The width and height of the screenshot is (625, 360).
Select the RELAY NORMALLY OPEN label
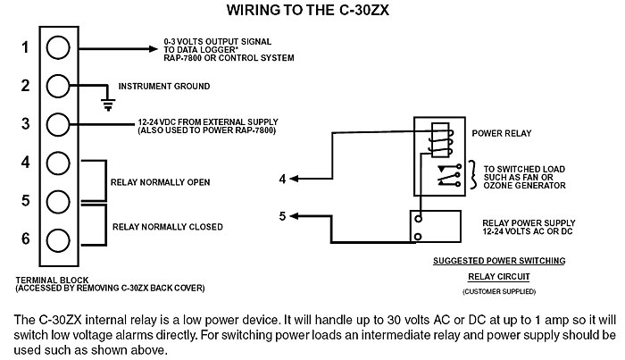tap(160, 182)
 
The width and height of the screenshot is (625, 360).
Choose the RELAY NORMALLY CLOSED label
tap(167, 227)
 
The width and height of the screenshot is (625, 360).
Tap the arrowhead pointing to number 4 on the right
tap(296, 180)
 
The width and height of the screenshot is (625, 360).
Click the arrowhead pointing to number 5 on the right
tap(296, 215)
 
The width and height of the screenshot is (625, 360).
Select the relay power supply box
tap(435, 226)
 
